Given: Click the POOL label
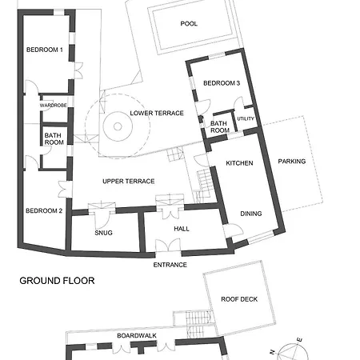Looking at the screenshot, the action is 189,24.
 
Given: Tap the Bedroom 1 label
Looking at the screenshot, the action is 45,50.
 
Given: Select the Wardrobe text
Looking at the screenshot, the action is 53,106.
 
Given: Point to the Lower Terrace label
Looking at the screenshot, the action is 157,113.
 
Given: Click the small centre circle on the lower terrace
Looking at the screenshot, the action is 118,126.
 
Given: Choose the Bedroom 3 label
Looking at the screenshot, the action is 222,83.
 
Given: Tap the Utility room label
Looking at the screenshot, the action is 246,118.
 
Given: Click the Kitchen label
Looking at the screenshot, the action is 239,163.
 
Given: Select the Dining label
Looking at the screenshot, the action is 251,214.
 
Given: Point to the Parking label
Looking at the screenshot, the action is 292,162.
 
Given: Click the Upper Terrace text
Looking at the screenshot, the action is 129,182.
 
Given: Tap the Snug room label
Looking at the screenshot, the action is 103,233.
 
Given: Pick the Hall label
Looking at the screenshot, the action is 182,229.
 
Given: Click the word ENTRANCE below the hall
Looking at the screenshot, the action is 170,265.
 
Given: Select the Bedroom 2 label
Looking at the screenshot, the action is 44,210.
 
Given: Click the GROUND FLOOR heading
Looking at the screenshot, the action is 57,281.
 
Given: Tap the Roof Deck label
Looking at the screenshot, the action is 239,299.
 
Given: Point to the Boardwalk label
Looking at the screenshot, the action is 137,336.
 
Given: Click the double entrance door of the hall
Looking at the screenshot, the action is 168,246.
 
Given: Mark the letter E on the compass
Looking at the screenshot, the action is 300,340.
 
